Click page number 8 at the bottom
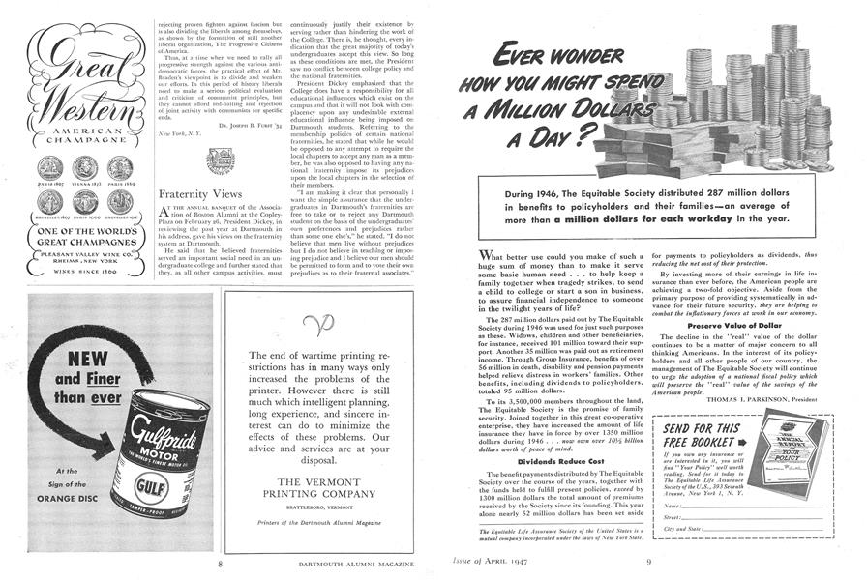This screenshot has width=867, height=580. [223, 562]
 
